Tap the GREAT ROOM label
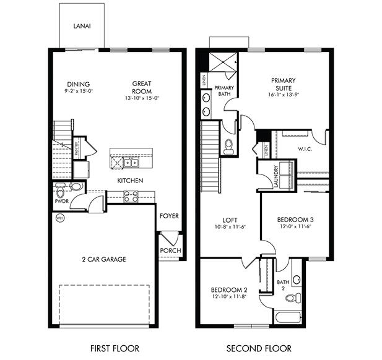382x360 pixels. (142, 88)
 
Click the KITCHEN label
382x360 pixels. (131, 181)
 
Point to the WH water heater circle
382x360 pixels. (60, 218)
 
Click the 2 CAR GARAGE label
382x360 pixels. (103, 259)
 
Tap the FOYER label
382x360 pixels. (169, 216)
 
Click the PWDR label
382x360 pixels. (61, 201)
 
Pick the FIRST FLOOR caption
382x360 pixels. (114, 348)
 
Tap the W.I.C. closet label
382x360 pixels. (305, 148)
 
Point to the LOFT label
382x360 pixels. (230, 220)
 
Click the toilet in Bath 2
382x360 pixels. (291, 298)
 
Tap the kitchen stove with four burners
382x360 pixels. (131, 196)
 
